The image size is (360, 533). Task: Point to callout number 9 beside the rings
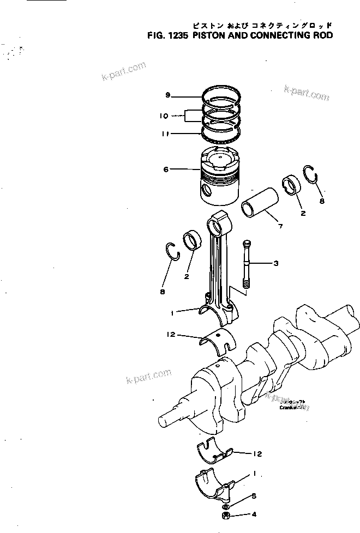coord(168,96)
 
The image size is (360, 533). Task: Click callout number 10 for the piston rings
coord(164,116)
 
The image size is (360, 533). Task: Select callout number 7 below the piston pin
coord(280,226)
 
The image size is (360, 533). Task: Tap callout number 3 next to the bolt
coord(276,264)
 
